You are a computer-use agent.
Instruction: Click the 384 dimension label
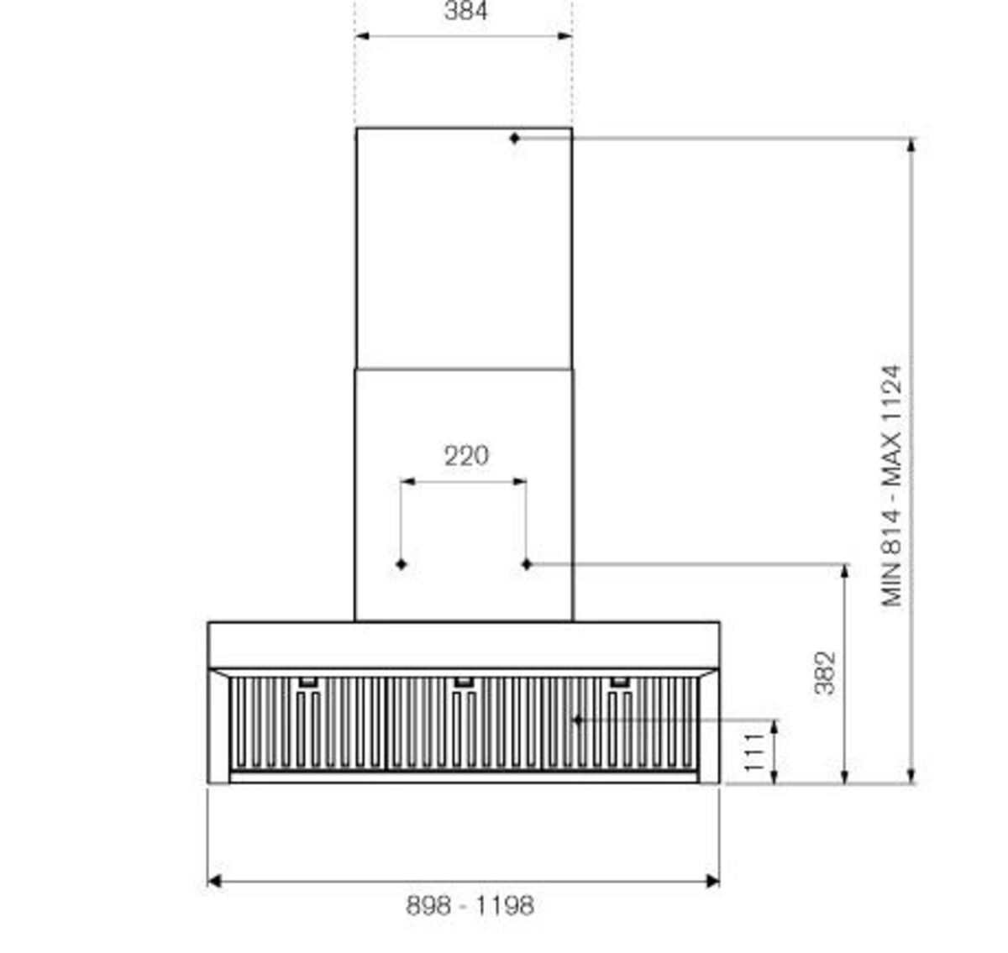(x=465, y=11)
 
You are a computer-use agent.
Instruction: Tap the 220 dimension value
(x=466, y=456)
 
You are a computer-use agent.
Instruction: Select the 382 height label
(x=825, y=673)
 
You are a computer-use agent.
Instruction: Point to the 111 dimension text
(x=754, y=752)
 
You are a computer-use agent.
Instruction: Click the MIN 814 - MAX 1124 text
(x=891, y=485)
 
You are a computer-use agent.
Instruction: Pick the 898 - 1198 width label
(x=470, y=905)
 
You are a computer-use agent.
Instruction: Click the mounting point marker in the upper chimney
(x=515, y=138)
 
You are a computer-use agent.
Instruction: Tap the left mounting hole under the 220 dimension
(x=401, y=564)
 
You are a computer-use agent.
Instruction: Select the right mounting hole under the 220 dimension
(x=526, y=564)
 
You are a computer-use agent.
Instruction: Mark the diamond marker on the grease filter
(x=578, y=720)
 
